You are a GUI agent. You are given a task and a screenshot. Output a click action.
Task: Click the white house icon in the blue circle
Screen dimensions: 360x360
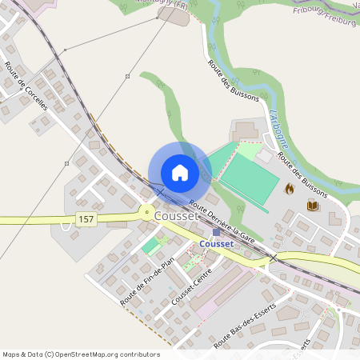(x=180, y=172)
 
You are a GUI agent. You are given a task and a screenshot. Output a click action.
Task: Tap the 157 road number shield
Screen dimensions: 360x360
(x=85, y=218)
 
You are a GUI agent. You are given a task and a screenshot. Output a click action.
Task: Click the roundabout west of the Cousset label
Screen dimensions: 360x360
(x=146, y=212)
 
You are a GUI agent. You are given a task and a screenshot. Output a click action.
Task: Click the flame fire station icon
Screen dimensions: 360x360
(x=289, y=189)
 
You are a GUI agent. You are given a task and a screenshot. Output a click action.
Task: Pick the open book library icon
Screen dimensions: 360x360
(x=312, y=206)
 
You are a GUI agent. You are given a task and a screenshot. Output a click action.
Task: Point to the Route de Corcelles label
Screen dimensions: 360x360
(x=26, y=86)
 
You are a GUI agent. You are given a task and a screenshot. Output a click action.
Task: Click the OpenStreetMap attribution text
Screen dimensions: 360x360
(x=80, y=354)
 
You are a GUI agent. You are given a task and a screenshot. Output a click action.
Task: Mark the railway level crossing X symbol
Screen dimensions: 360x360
(x=273, y=258)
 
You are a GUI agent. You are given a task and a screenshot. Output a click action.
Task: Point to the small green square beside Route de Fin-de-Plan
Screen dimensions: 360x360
(x=150, y=246)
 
